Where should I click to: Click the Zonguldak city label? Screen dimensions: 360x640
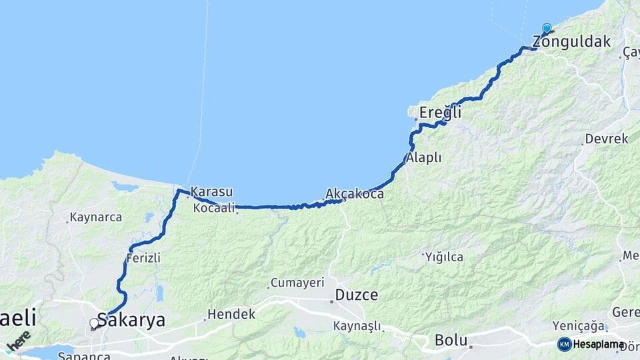tap(571, 42)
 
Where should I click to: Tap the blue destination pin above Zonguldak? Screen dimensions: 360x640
tap(547, 29)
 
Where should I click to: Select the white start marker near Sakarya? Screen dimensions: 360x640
tap(94, 324)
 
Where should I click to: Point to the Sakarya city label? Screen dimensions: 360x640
tap(131, 320)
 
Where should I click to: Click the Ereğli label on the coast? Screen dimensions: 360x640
tap(440, 113)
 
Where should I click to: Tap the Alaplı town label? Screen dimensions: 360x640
tap(424, 158)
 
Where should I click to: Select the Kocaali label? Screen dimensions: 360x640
tap(213, 209)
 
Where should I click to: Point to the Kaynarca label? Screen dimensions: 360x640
tap(95, 217)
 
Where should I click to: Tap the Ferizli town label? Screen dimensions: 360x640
tap(143, 258)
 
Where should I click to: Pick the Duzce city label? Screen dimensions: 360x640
tap(356, 295)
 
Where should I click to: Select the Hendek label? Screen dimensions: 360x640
tap(231, 314)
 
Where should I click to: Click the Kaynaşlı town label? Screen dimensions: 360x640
tap(357, 326)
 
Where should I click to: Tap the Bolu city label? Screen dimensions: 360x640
tap(451, 339)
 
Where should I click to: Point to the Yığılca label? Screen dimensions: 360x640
tap(443, 257)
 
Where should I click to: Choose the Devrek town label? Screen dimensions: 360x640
tap(607, 139)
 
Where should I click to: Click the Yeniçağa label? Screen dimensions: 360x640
tap(579, 325)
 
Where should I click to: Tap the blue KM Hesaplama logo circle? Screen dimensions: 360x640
tap(565, 345)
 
